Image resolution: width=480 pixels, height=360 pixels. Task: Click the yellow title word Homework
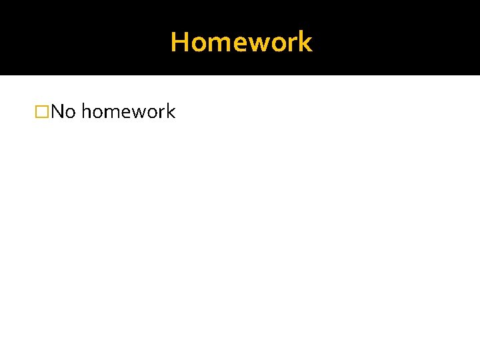click(241, 42)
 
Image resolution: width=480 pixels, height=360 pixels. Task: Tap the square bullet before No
click(42, 111)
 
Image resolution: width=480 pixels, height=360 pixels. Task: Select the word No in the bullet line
click(63, 111)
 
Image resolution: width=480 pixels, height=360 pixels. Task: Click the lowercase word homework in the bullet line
click(128, 111)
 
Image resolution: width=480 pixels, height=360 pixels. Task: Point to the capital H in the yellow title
click(179, 42)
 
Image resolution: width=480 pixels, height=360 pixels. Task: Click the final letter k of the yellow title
click(305, 42)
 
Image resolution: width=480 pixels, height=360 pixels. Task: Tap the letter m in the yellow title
click(219, 43)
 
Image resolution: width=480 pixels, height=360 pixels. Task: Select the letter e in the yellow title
click(238, 43)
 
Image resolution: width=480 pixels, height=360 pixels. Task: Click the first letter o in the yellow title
click(198, 43)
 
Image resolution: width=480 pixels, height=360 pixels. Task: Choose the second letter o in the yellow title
click(277, 43)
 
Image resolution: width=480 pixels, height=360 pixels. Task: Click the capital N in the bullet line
click(57, 111)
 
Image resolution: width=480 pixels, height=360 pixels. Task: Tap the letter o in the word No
click(70, 113)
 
